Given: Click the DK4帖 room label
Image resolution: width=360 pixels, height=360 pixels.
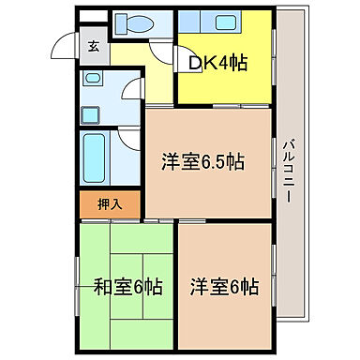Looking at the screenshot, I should pos(218,63).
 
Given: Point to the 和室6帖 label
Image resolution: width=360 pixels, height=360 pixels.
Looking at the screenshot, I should pos(128,287).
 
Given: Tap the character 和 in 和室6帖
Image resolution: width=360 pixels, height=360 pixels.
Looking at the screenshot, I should pos(102,287).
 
